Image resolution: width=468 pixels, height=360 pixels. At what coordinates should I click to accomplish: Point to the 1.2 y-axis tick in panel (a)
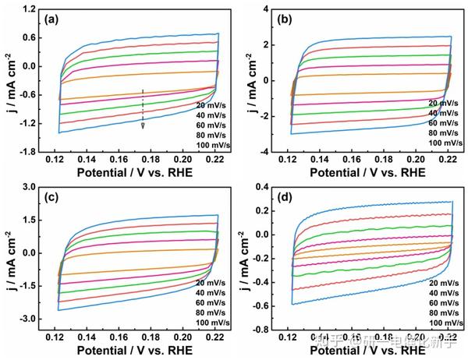point(31,9)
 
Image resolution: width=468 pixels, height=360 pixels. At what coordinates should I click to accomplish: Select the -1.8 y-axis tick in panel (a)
point(30,152)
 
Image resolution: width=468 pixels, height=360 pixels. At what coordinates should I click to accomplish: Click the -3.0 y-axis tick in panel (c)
point(30,319)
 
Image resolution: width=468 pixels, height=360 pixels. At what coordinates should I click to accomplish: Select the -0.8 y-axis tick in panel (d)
point(264,330)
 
